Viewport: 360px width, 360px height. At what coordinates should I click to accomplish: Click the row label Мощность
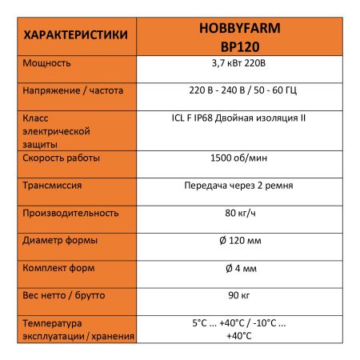click(x=48, y=62)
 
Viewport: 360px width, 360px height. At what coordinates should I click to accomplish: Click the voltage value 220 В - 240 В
click(x=210, y=90)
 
